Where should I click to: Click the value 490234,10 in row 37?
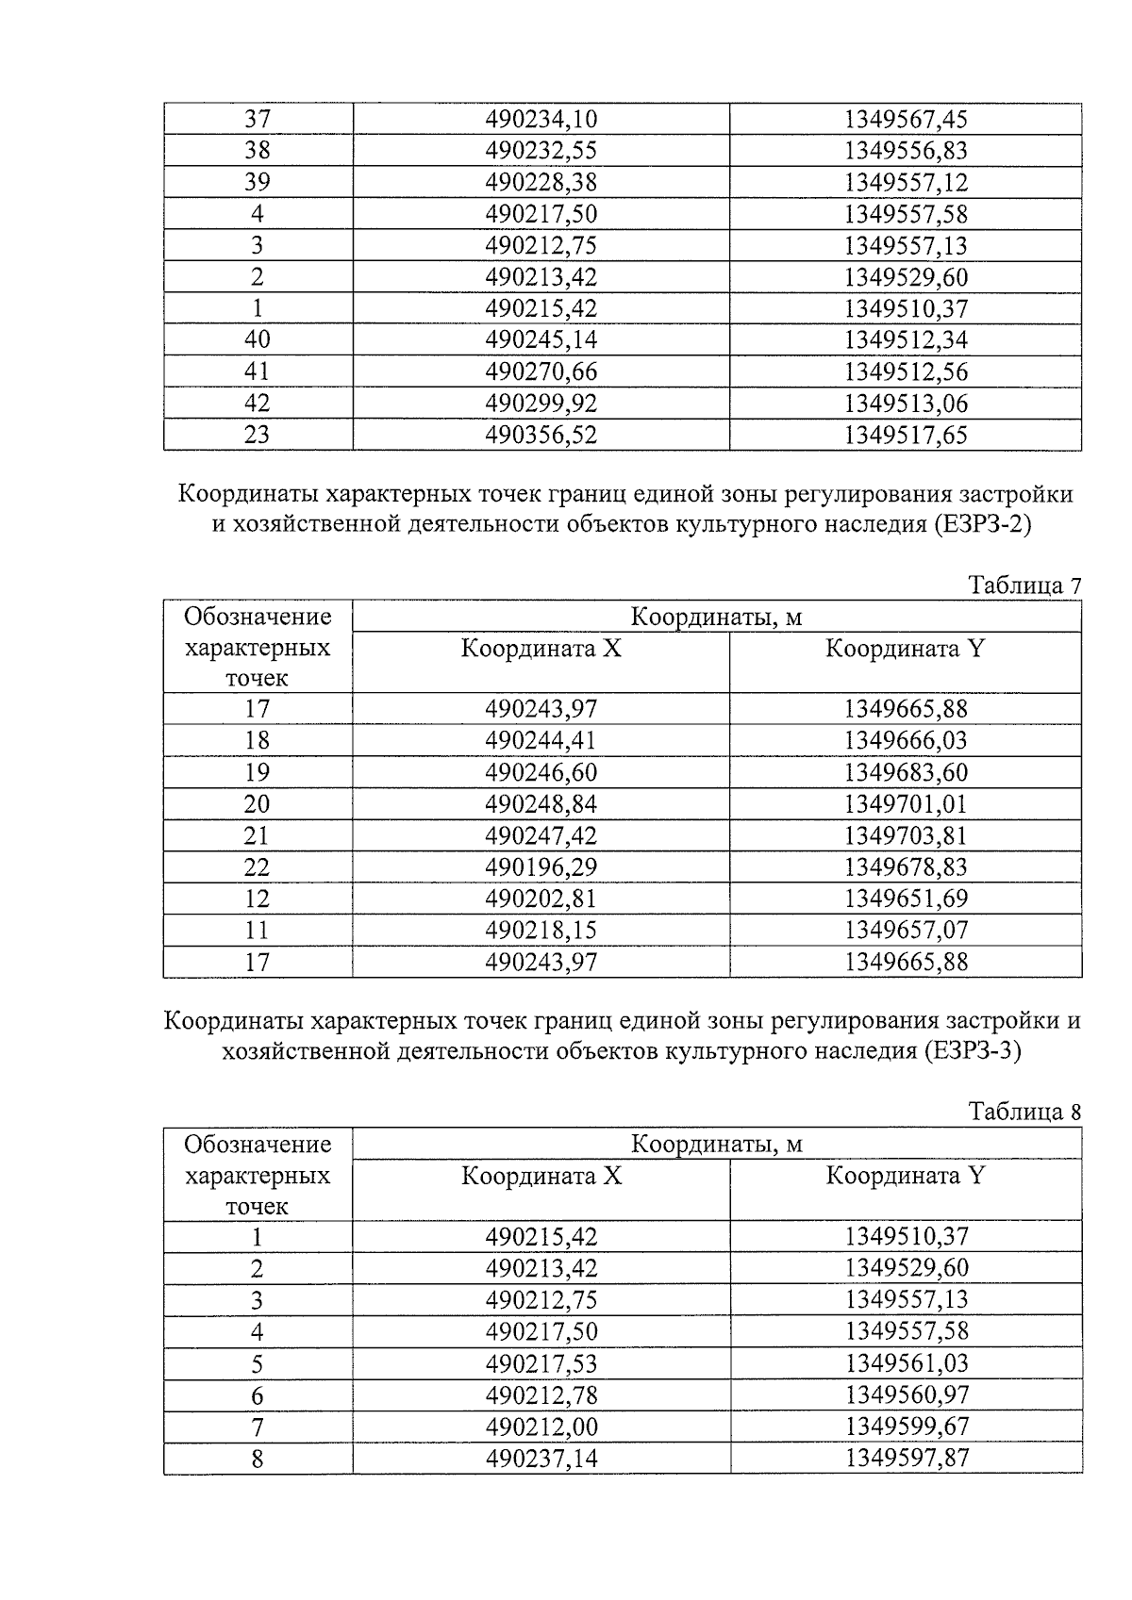click(541, 120)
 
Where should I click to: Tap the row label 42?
click(257, 404)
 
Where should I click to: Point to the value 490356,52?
click(541, 435)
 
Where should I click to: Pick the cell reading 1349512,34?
click(905, 339)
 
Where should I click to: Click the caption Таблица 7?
click(1024, 586)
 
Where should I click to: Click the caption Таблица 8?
click(1024, 1112)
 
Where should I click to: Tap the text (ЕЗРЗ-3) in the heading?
click(972, 1051)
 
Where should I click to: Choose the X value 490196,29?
click(541, 866)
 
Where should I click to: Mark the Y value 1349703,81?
click(905, 835)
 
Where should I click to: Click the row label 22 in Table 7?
click(257, 866)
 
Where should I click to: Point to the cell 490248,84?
click(541, 804)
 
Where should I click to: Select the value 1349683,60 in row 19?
click(905, 772)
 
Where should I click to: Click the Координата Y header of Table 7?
click(905, 649)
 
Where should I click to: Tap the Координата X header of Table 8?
click(541, 1176)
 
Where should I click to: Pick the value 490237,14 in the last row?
click(541, 1459)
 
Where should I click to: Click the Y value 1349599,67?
click(905, 1427)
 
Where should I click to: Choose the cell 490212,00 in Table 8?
click(541, 1427)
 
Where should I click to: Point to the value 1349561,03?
click(905, 1363)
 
